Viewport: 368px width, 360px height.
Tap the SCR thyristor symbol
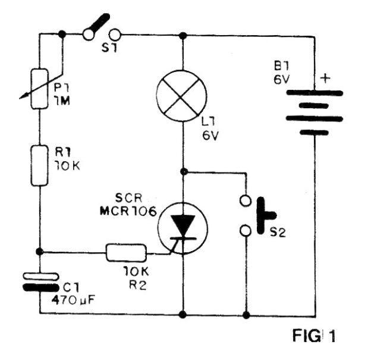click(183, 228)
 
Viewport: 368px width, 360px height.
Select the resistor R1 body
click(39, 165)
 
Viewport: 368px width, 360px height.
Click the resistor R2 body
click(126, 253)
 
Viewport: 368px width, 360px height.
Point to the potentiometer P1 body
click(39, 89)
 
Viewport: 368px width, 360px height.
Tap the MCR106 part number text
click(128, 212)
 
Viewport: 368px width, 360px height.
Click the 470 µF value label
click(73, 300)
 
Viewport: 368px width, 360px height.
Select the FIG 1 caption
click(313, 336)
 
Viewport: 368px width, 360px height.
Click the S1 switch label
click(109, 48)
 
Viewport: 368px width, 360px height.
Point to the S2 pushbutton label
click(278, 232)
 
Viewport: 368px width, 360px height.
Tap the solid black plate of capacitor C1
click(40, 287)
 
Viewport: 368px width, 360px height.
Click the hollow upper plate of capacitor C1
click(40, 276)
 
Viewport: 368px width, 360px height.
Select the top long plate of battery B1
click(314, 93)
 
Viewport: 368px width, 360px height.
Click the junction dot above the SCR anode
click(184, 171)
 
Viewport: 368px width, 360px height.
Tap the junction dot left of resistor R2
click(39, 252)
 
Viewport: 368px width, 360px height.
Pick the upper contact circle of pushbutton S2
click(246, 201)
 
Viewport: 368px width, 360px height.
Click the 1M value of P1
click(62, 101)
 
